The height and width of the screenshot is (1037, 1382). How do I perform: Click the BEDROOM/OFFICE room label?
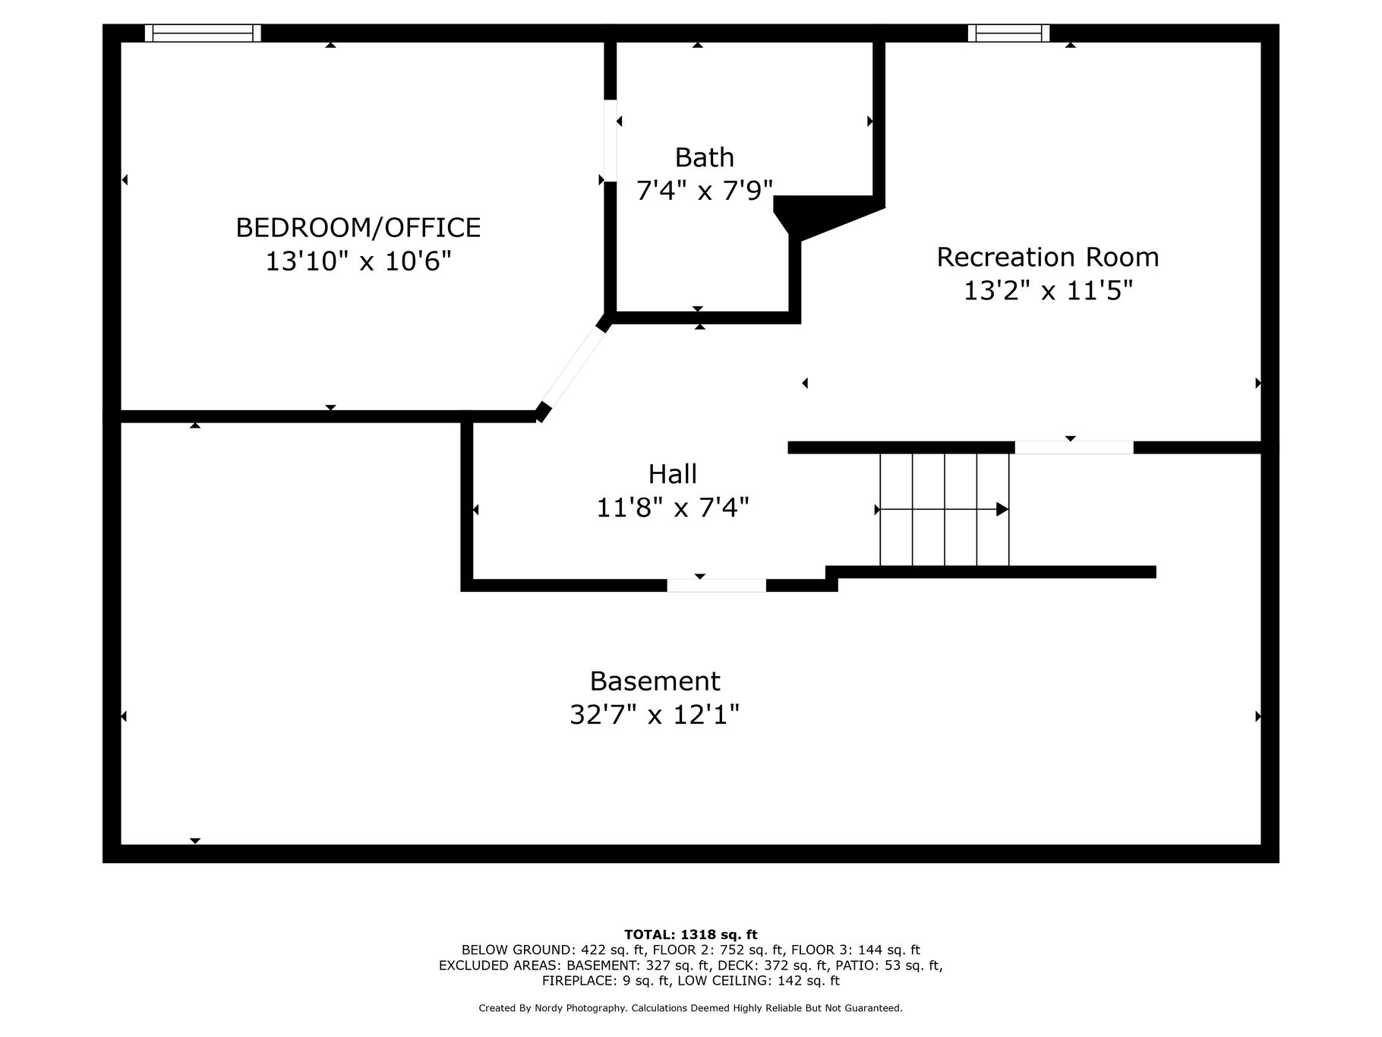pyautogui.click(x=358, y=228)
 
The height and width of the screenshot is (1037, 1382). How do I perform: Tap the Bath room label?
pyautogui.click(x=705, y=158)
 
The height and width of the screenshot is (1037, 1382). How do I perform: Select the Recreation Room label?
pyautogui.click(x=1048, y=258)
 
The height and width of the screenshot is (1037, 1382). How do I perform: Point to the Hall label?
pyautogui.click(x=673, y=474)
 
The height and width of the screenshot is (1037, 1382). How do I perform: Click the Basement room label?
pyautogui.click(x=655, y=681)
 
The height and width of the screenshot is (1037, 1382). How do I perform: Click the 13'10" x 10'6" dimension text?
pyautogui.click(x=358, y=262)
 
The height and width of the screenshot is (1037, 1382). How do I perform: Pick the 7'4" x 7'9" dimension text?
pyautogui.click(x=705, y=191)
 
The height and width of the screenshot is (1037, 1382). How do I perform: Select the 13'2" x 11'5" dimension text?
pyautogui.click(x=1048, y=291)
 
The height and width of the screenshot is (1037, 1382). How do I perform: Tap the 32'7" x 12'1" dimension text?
pyautogui.click(x=655, y=715)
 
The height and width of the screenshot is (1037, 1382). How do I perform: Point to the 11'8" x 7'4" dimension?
pyautogui.click(x=673, y=507)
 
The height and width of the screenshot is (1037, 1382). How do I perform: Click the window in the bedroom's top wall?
pyautogui.click(x=203, y=33)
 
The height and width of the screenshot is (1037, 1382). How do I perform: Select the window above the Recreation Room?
pyautogui.click(x=1008, y=33)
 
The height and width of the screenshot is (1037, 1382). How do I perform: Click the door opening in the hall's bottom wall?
pyautogui.click(x=717, y=586)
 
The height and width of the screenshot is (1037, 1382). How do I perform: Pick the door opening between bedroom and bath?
pyautogui.click(x=610, y=141)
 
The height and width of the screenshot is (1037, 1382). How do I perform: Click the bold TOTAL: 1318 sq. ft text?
pyautogui.click(x=691, y=935)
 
